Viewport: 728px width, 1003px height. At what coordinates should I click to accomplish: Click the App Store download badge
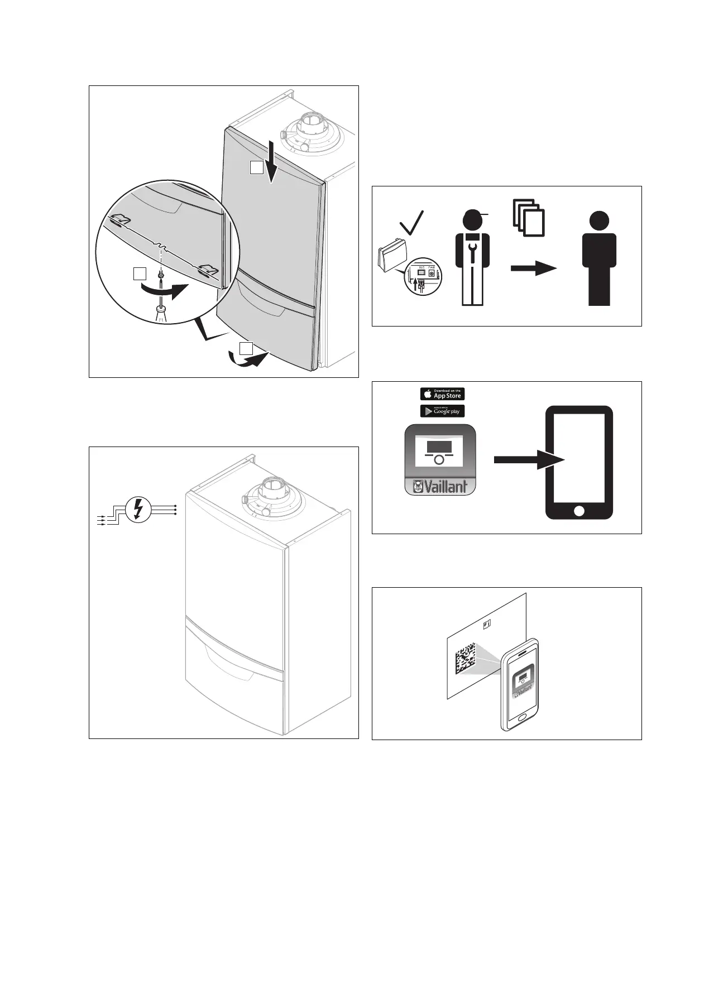(x=442, y=393)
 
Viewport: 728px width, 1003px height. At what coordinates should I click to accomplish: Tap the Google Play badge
(x=442, y=411)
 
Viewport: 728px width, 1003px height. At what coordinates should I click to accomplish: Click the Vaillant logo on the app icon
(x=440, y=486)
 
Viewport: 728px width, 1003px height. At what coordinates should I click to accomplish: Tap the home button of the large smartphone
(x=579, y=510)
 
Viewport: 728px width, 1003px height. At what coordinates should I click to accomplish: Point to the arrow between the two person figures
(x=534, y=268)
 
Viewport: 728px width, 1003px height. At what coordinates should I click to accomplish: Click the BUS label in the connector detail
(x=422, y=268)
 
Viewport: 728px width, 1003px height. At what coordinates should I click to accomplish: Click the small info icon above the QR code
(x=487, y=623)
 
